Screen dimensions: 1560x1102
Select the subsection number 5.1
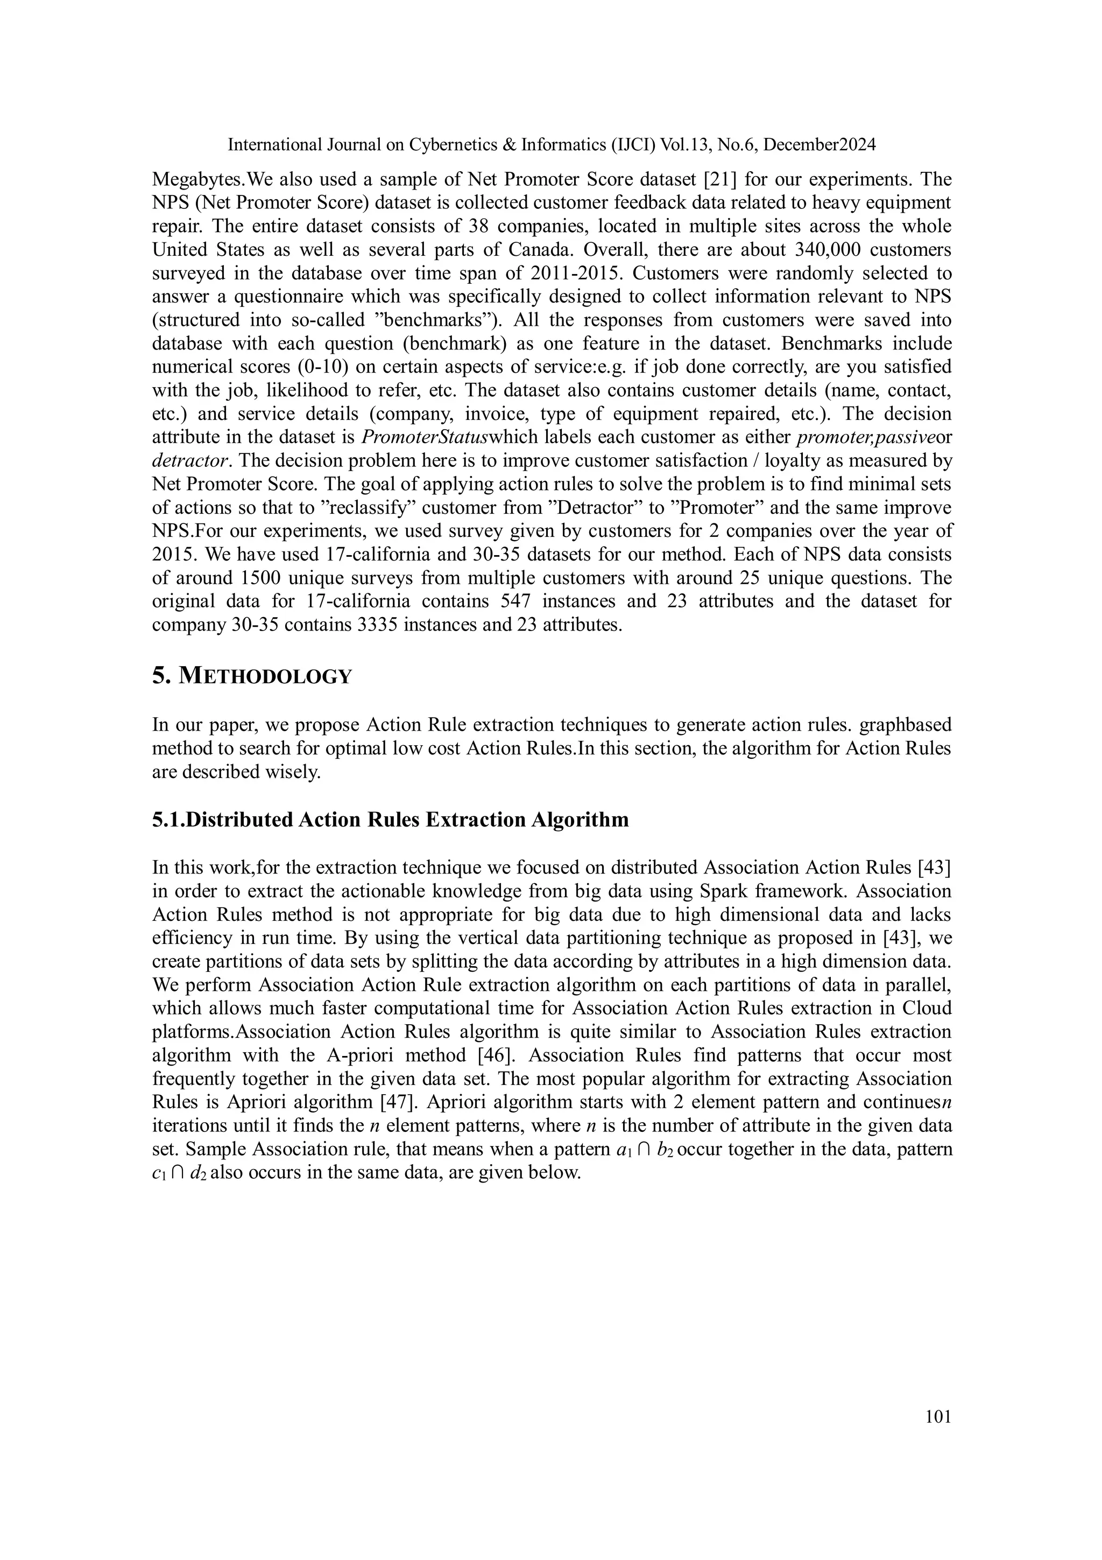pos(168,820)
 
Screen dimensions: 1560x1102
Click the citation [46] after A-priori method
pos(493,1055)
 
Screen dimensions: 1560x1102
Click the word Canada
pos(534,249)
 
